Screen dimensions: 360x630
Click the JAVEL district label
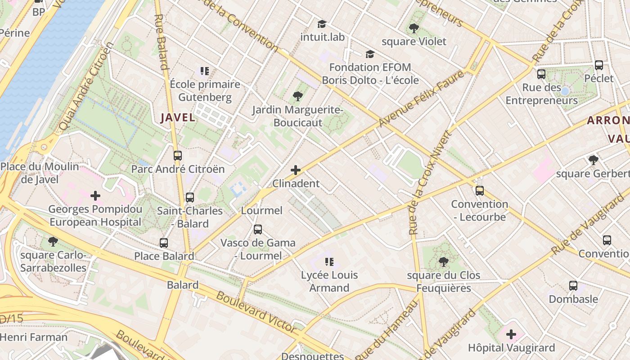click(178, 118)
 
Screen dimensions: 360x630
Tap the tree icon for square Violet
click(414, 29)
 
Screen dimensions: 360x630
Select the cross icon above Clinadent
click(296, 170)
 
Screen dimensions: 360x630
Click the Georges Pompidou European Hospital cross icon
click(95, 196)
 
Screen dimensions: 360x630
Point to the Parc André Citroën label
click(177, 169)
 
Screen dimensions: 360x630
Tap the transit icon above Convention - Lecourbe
click(480, 191)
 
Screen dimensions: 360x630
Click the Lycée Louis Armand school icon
click(329, 262)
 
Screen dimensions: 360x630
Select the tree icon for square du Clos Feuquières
click(443, 262)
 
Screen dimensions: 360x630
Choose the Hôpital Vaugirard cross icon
click(511, 334)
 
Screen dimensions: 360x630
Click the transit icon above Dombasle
click(573, 286)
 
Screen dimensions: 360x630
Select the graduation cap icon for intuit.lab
click(322, 24)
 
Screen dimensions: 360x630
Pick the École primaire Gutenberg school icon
click(205, 71)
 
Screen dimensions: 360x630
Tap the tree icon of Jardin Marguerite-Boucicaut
click(297, 96)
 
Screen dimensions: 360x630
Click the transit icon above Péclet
click(599, 65)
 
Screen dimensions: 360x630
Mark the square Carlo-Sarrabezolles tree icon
click(53, 242)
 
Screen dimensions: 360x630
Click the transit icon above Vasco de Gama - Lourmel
click(258, 229)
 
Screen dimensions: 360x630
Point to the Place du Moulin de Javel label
click(40, 173)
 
